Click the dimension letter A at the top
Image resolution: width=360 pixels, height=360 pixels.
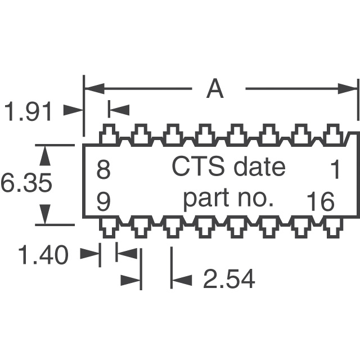pyautogui.click(x=215, y=89)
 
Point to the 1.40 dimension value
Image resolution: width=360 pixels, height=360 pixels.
pyautogui.click(x=43, y=256)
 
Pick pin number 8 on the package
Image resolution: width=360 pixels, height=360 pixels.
pyautogui.click(x=103, y=169)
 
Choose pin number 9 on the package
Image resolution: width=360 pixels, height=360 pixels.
pyautogui.click(x=103, y=201)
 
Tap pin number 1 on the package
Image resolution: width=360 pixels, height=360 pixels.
pyautogui.click(x=335, y=169)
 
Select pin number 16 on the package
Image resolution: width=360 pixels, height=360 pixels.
pyautogui.click(x=321, y=201)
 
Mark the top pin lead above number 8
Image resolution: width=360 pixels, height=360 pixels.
pyautogui.click(x=109, y=136)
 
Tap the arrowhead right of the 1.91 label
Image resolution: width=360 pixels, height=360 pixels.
pyautogui.click(x=73, y=111)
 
